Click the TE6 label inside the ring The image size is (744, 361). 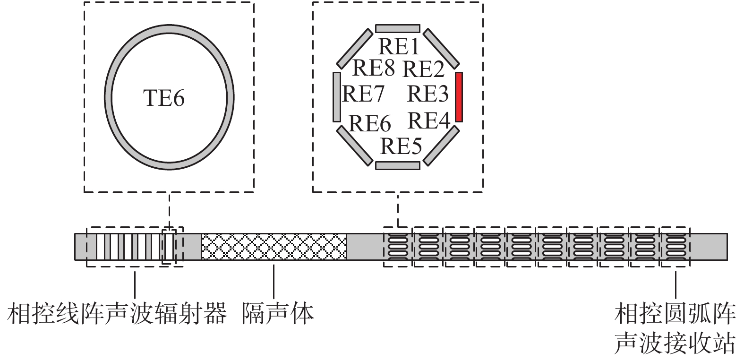(x=163, y=98)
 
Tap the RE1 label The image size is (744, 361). (x=399, y=47)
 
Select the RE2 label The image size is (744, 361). (x=423, y=69)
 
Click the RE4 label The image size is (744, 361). (x=428, y=120)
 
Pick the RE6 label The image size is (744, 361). (x=370, y=124)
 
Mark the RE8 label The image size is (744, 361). (x=373, y=68)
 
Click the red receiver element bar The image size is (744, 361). (x=459, y=97)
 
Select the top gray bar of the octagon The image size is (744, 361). (x=398, y=28)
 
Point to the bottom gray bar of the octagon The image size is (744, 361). (x=398, y=165)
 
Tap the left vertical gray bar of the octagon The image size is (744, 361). (x=337, y=97)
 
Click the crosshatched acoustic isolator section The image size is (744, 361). (x=274, y=246)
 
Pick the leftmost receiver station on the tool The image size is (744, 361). (x=398, y=246)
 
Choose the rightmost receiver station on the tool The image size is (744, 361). (x=675, y=246)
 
